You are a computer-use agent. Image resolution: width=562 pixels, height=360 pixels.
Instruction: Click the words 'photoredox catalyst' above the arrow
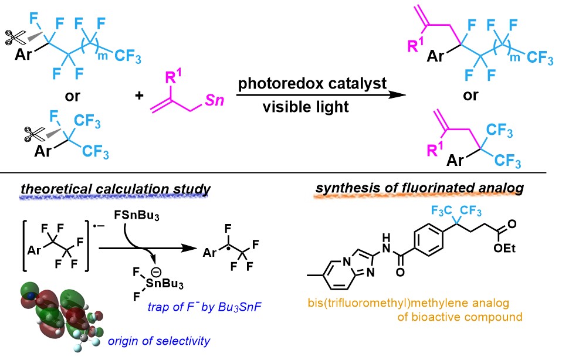point(312,83)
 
